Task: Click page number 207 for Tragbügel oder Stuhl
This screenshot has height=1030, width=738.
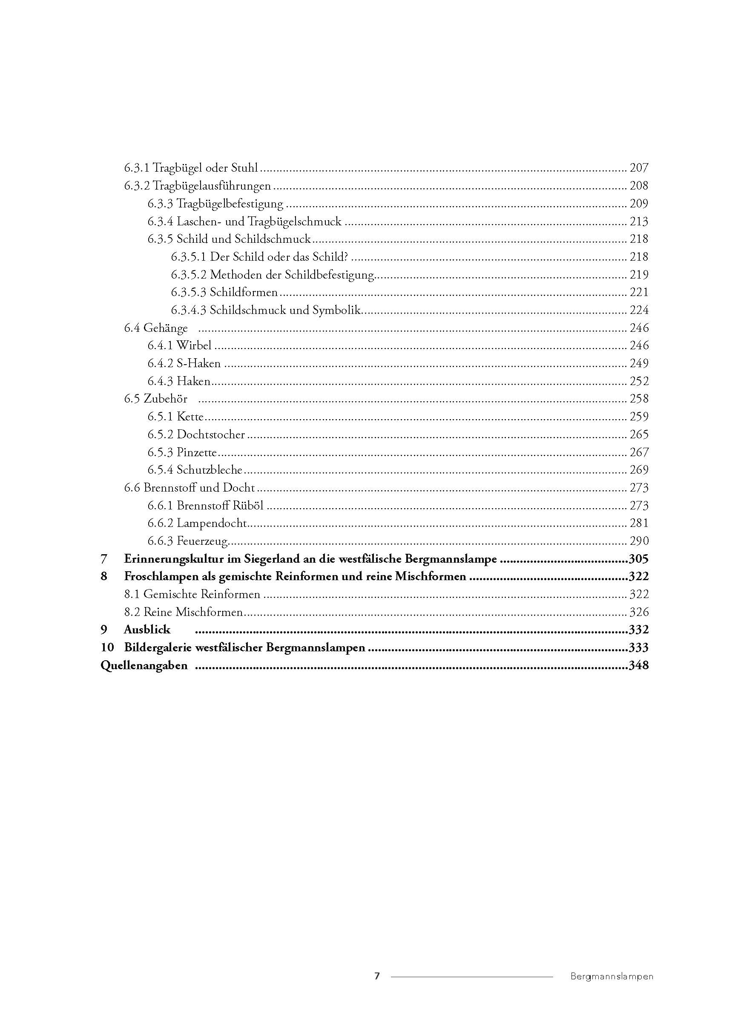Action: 638,168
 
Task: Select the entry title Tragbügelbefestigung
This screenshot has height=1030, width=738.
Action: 230,204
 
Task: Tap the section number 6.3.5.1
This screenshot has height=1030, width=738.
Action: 189,257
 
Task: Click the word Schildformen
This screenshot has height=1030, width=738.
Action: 244,293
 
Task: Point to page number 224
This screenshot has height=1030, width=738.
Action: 638,310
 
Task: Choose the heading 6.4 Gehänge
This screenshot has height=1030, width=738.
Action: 156,328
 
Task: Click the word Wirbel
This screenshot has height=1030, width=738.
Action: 194,345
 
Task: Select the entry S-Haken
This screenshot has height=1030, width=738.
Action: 198,363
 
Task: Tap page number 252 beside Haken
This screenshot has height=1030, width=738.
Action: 638,381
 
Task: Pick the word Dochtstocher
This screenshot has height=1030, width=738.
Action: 211,434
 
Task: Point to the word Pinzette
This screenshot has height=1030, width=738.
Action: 197,452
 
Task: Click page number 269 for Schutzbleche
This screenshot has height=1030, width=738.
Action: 638,470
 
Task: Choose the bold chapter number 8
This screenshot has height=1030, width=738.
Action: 104,577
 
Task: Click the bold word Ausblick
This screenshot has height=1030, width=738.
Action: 147,630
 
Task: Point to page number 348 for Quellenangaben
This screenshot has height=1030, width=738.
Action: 638,666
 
